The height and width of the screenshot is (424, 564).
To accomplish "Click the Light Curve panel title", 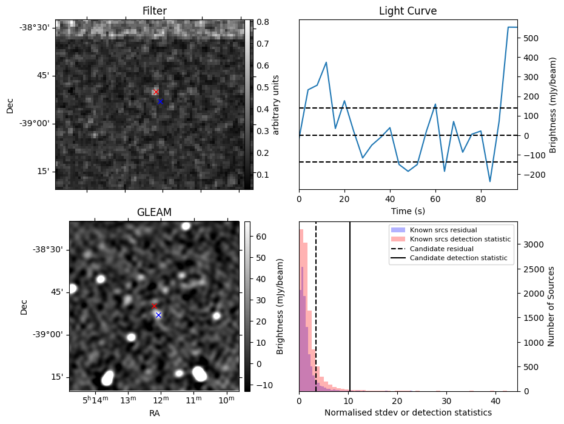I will (408, 11).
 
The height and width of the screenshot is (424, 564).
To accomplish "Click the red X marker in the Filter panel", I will (156, 92).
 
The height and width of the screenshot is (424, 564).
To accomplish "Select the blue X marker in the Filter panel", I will (160, 101).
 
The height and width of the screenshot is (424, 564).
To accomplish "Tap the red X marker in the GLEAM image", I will (154, 306).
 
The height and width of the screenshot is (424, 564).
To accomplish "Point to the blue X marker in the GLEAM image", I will (158, 315).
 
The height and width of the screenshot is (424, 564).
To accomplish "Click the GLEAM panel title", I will (155, 212).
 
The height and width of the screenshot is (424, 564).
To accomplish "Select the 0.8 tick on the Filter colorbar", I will (263, 22).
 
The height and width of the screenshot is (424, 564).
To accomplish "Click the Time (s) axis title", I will (408, 210).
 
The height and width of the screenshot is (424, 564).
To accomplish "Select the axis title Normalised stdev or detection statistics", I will (408, 412).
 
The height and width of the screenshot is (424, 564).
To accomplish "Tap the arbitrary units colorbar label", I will (275, 104).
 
